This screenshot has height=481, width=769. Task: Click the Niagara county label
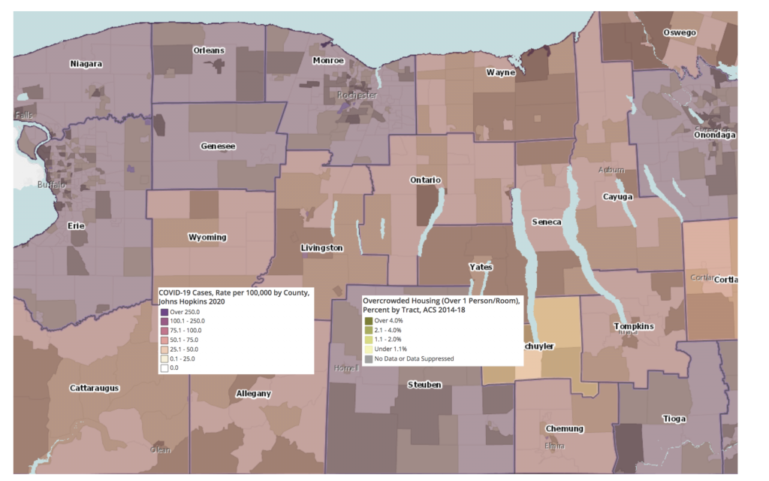tap(86, 64)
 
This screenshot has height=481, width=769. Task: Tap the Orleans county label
tap(209, 50)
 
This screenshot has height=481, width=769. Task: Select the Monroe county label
tap(327, 60)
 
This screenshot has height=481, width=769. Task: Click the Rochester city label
tap(357, 95)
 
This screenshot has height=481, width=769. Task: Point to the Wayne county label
tap(500, 73)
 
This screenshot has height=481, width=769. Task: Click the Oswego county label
tap(680, 32)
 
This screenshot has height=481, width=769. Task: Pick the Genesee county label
tap(218, 146)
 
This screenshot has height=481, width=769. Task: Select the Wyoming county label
tap(207, 237)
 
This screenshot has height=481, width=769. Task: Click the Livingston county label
tap(321, 248)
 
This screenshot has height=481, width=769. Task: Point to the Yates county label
tap(481, 267)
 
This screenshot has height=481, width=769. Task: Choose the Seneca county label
tap(546, 222)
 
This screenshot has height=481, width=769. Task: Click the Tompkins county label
tap(635, 326)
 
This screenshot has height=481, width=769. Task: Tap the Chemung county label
tap(564, 428)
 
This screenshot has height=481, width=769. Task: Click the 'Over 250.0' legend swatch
tap(164, 312)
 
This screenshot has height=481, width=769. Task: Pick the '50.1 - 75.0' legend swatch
tap(164, 340)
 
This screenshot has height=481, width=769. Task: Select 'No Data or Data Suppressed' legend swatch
tap(369, 358)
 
